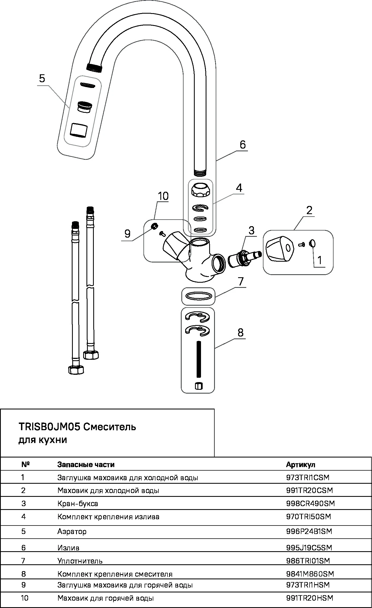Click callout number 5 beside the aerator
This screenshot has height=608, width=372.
pos(42,78)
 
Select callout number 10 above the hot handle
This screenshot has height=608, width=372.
pos(163,196)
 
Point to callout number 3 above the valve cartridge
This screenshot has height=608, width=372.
pos(251,230)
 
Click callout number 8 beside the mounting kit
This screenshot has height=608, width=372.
pos(240,332)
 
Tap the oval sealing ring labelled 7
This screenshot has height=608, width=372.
pos(198,296)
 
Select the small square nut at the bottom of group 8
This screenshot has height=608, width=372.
pos(199,386)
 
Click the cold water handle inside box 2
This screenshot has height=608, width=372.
pos(279,248)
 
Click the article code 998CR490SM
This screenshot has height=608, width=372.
pos(310,503)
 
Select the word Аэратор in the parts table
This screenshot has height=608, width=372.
pos(72,531)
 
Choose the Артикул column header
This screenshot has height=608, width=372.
pos(301,464)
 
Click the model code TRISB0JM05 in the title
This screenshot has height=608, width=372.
pos(49,427)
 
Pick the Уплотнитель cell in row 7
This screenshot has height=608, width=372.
pos(80,561)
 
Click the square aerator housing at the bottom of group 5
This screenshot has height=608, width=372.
pos(79,130)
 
